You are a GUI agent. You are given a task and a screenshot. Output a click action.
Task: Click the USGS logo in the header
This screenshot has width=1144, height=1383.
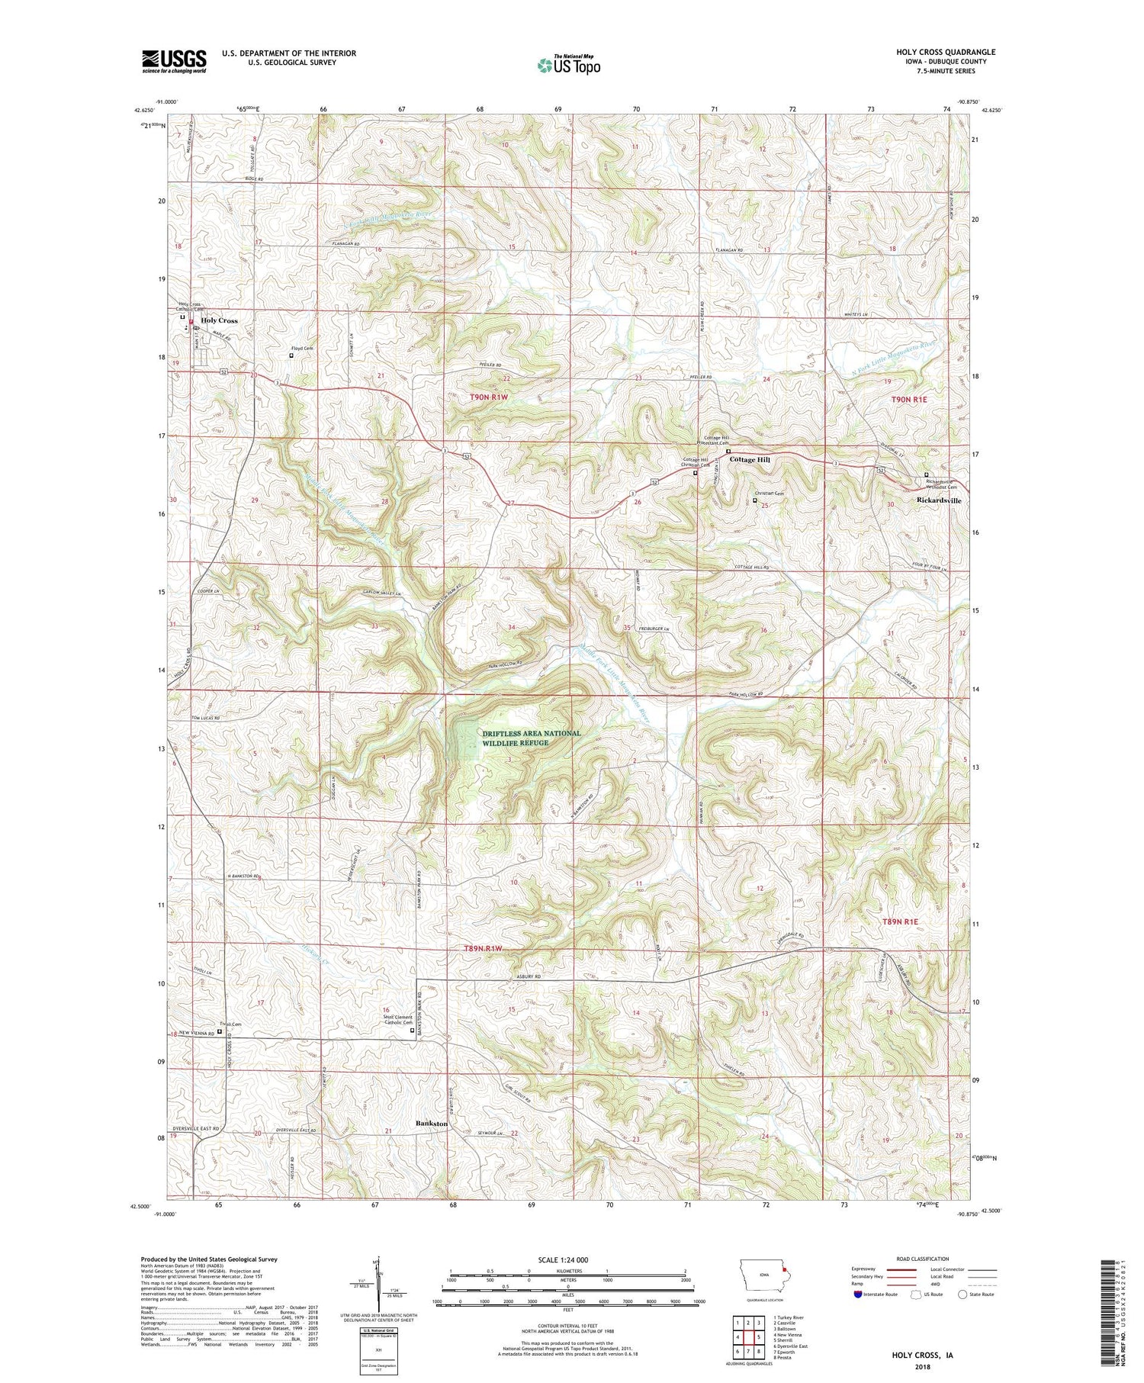point(174,61)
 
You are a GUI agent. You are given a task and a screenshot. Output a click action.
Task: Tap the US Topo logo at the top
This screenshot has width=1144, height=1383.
point(568,66)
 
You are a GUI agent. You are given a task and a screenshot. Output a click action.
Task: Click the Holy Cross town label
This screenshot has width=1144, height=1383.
point(219,320)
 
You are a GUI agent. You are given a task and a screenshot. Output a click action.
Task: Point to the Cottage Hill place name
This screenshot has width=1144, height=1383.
point(750,460)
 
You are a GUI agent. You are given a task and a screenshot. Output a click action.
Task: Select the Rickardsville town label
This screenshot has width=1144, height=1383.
point(938,500)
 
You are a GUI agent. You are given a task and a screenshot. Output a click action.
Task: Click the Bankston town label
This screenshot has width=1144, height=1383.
point(431,1124)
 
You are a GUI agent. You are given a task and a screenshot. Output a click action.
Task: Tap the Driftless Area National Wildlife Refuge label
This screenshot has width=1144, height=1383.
point(532,738)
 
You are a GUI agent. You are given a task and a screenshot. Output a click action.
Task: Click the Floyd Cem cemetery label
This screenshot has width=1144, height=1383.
point(302,348)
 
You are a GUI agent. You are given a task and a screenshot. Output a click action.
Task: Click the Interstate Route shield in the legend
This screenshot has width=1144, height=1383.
point(859,1295)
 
